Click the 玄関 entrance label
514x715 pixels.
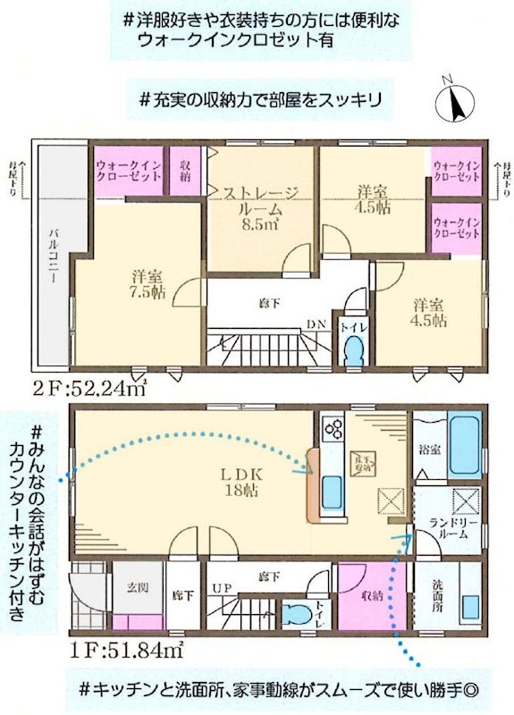point(138,585)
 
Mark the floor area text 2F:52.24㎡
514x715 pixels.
point(88,389)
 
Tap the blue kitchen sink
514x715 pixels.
point(331,491)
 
